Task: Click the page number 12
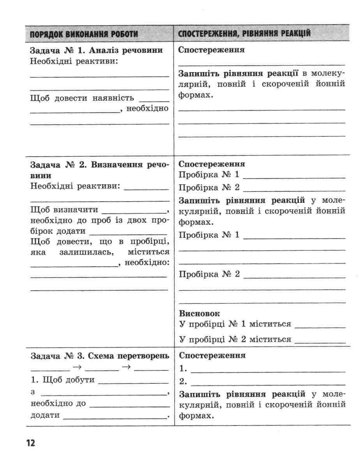(x=31, y=443)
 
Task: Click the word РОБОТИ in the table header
(x=124, y=34)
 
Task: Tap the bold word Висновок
(x=199, y=314)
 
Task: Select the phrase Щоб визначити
(x=64, y=209)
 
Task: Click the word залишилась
(x=86, y=252)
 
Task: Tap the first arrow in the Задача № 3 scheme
(x=77, y=367)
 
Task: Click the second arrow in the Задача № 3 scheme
(x=125, y=367)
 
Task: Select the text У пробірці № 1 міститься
(x=235, y=324)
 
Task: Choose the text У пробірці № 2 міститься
(x=235, y=339)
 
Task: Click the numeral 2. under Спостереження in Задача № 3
(x=183, y=381)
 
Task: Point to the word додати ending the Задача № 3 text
(x=45, y=415)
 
